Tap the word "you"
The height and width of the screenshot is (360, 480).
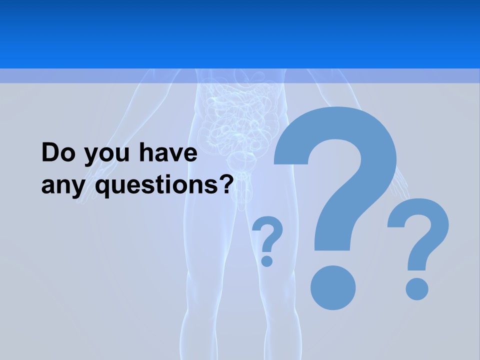coord(105,155)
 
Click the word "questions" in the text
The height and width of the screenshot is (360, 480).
coord(154,186)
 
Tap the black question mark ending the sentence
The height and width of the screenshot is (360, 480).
coord(226,184)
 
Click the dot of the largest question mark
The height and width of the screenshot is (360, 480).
coord(333,287)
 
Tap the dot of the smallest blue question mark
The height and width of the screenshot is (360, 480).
coord(267,260)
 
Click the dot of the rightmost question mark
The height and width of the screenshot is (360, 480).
coord(416,288)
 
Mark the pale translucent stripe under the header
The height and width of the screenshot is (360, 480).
coord(240,76)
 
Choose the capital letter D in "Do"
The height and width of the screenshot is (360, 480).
coord(51,153)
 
